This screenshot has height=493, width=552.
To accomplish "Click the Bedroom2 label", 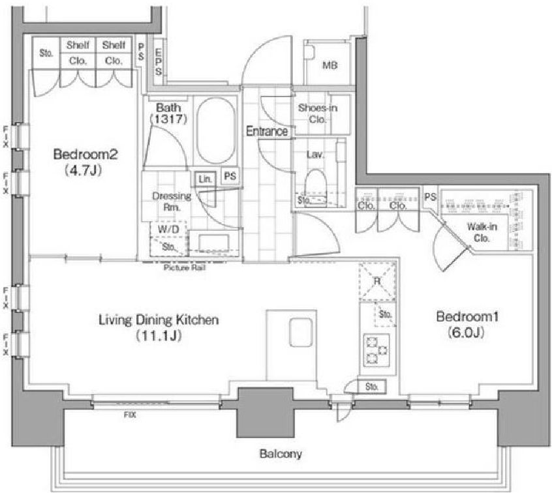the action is [x=85, y=154].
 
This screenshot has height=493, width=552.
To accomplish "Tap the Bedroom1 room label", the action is [x=467, y=316].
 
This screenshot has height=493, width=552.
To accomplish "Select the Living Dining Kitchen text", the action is [x=159, y=320].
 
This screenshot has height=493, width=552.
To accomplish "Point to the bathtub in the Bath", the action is [x=215, y=130].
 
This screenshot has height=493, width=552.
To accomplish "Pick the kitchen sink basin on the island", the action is [x=301, y=333].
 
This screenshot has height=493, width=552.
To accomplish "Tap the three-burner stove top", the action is [x=376, y=350].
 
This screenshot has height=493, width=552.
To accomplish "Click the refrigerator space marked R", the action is [x=377, y=281].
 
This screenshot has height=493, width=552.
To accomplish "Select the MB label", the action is [x=330, y=65].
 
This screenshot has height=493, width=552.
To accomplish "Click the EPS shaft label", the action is [x=159, y=63].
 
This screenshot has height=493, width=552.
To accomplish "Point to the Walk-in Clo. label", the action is [x=482, y=232].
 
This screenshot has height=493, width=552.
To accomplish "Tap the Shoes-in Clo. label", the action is [x=318, y=113].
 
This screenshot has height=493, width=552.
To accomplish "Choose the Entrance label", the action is [x=267, y=131].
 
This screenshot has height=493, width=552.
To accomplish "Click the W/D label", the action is [x=168, y=230].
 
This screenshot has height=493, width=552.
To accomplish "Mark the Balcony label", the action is [x=281, y=454].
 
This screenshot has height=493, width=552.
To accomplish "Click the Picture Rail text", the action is [x=185, y=268].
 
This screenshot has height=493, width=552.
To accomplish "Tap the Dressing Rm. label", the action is [x=172, y=202].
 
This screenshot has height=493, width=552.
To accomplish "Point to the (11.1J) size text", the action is [x=159, y=336].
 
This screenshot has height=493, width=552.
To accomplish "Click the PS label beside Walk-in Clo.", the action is [x=430, y=197].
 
